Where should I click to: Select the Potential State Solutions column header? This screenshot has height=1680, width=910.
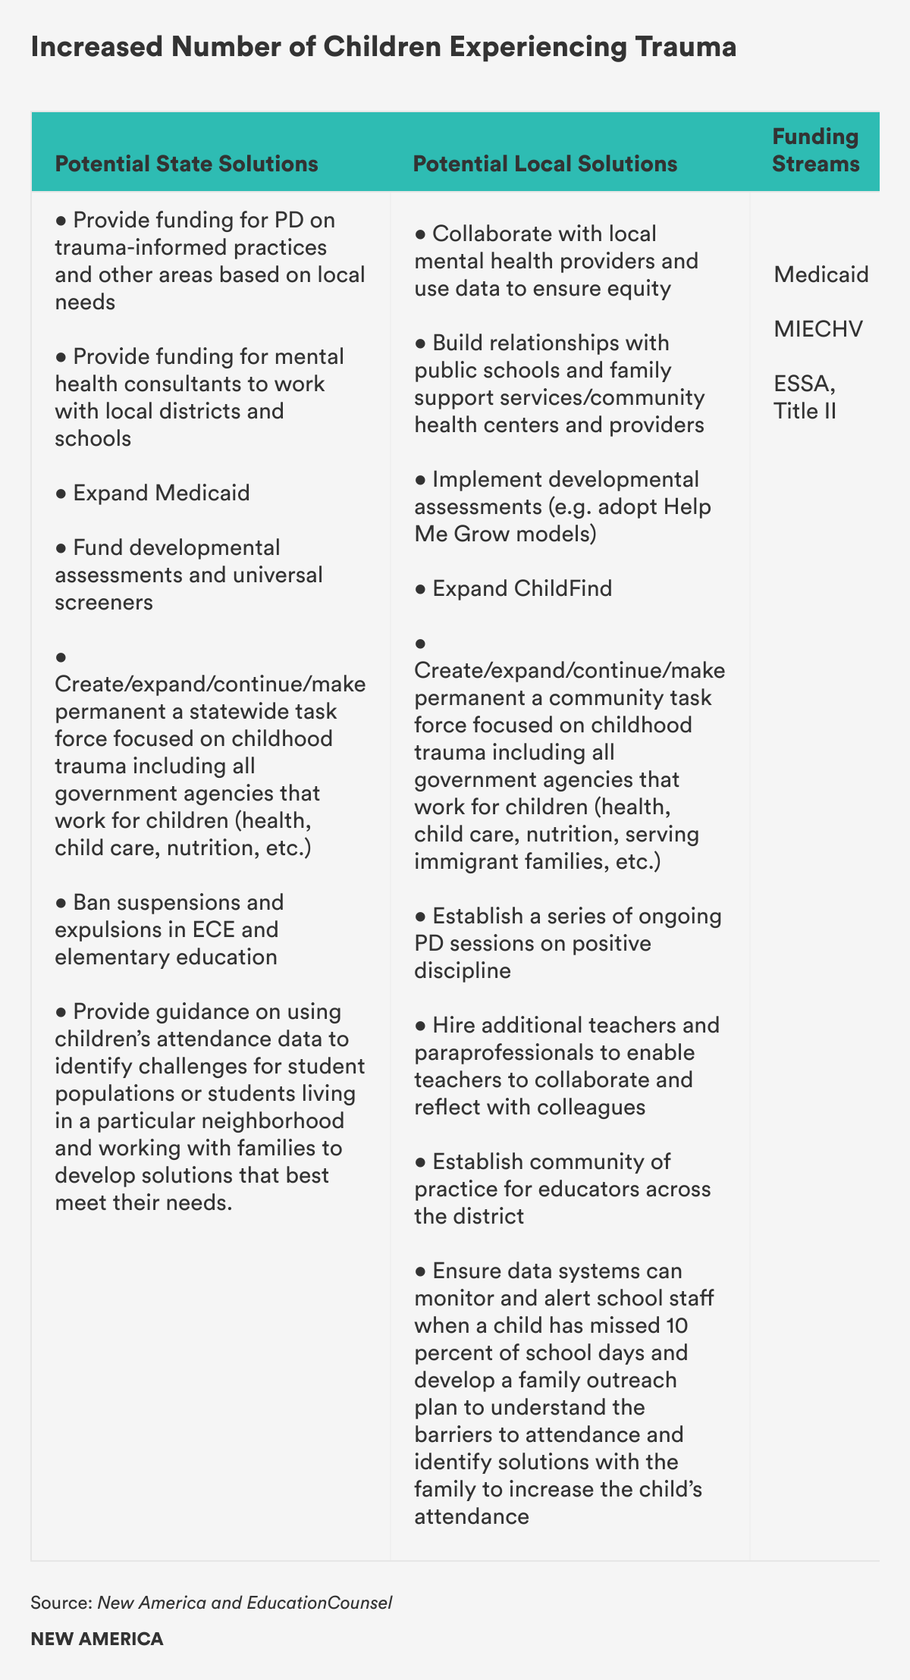pos(187,164)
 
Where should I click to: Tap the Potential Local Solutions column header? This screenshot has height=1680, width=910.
pos(545,164)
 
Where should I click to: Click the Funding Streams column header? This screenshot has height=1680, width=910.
pos(815,150)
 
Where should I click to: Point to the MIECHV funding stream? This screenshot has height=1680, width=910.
pos(818,329)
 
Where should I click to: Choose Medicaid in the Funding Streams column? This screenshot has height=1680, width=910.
pos(821,274)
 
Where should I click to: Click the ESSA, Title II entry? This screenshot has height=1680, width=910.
pos(805,397)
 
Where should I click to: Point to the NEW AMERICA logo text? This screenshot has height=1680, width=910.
pos(97,1639)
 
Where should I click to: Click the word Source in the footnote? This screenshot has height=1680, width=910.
pos(61,1603)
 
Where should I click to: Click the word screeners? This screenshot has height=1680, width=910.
pos(104,602)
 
